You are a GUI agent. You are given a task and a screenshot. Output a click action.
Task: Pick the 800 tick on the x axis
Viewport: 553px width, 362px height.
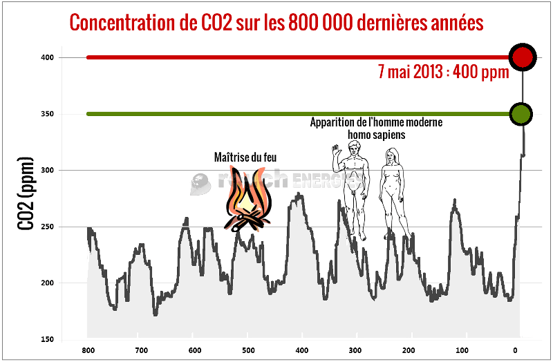coord(88,350)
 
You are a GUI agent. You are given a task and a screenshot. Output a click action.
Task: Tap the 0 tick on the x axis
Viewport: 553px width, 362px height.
coord(516,350)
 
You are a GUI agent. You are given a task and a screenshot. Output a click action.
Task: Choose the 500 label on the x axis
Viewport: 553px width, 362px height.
coord(248,350)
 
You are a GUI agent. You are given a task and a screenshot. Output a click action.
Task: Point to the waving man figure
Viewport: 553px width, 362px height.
coord(355,190)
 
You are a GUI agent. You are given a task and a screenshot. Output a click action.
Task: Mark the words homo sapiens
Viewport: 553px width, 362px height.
coord(377,135)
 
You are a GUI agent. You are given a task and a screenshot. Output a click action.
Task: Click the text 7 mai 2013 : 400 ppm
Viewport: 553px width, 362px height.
coord(443,70)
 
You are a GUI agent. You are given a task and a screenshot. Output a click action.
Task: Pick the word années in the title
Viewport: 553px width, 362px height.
coord(453,22)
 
